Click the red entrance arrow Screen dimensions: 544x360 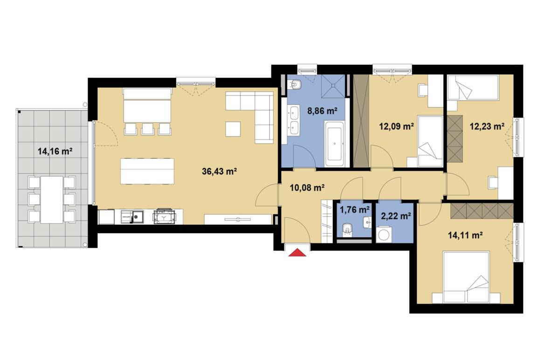[x=297, y=252]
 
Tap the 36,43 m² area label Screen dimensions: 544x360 [x=219, y=171]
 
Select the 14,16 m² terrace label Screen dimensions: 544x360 [x=55, y=151]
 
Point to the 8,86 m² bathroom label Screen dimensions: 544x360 [x=323, y=111]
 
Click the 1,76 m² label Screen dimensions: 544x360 [x=355, y=210]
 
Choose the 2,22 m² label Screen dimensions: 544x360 [x=396, y=216]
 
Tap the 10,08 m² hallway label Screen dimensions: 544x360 [x=307, y=188]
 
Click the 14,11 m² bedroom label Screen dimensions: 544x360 [x=466, y=235]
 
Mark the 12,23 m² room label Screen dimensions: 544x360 [x=487, y=126]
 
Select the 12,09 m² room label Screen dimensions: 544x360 [x=397, y=126]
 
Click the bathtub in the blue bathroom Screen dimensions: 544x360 [x=334, y=143]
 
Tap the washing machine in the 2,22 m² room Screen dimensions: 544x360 [x=384, y=235]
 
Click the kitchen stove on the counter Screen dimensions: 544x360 [x=165, y=216]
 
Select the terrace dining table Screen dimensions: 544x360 [x=52, y=200]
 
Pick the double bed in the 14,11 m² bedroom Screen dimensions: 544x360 [x=466, y=277]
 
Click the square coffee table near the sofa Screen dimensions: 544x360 [x=233, y=129]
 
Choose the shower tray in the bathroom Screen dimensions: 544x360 [x=333, y=86]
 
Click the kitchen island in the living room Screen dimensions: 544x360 [x=147, y=171]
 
